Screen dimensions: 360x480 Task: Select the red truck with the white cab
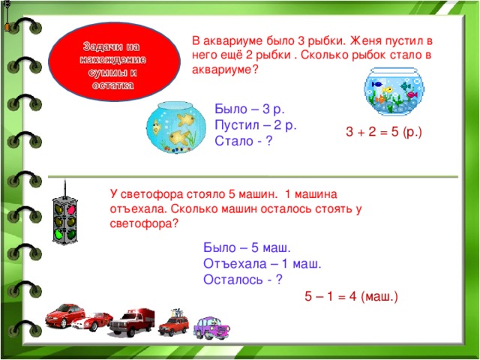pyautogui.click(x=133, y=321)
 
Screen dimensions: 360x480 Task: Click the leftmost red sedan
pyautogui.click(x=64, y=315)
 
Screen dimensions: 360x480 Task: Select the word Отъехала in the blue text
pyautogui.click(x=232, y=263)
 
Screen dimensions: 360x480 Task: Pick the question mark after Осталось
pyautogui.click(x=278, y=280)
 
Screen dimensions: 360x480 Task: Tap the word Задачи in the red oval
pyautogui.click(x=101, y=48)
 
